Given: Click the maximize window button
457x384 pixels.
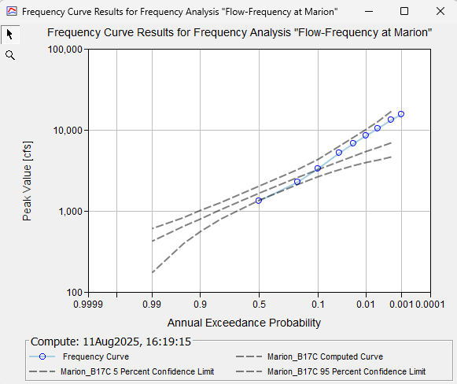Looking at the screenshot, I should pyautogui.click(x=404, y=12).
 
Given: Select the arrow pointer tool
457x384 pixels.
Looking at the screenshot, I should pyautogui.click(x=10, y=35).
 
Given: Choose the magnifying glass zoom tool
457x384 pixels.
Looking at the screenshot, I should pyautogui.click(x=10, y=55).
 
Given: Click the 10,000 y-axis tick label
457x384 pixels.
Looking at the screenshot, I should pyautogui.click(x=67, y=130).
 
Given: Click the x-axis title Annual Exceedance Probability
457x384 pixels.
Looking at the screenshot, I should pyautogui.click(x=244, y=323).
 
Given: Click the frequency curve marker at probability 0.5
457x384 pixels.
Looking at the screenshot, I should pyautogui.click(x=258, y=201).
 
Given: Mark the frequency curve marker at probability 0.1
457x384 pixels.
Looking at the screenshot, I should pyautogui.click(x=318, y=168).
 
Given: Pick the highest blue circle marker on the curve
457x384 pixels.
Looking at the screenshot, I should pyautogui.click(x=401, y=114).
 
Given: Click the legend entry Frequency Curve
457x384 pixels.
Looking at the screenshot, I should pyautogui.click(x=95, y=357).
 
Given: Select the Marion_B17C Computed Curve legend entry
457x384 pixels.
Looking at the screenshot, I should pyautogui.click(x=323, y=357).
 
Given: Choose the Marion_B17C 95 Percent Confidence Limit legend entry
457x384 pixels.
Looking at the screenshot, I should pyautogui.click(x=346, y=371).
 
